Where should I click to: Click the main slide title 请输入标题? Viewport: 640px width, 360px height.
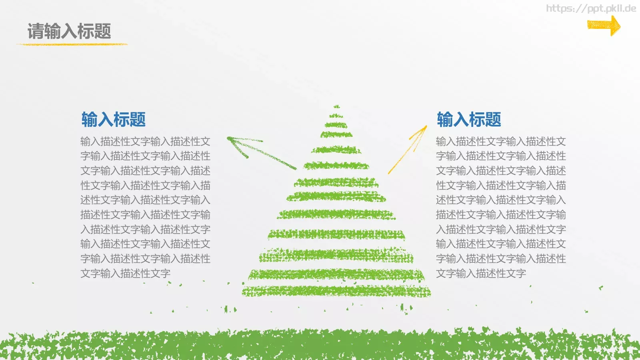(x=69, y=31)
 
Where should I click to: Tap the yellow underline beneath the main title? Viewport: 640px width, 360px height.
(x=72, y=44)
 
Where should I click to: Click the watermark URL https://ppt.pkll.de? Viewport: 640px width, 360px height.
(x=591, y=8)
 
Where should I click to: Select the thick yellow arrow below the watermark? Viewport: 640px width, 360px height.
(x=604, y=26)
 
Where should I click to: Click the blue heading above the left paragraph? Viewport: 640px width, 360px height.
(x=114, y=119)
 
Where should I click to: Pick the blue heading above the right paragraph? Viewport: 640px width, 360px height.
(x=469, y=119)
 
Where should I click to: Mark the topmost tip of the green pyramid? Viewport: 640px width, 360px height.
(x=337, y=106)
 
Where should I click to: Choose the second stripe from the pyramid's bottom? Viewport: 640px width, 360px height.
(x=336, y=274)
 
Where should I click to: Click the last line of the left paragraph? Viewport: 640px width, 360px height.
(x=125, y=274)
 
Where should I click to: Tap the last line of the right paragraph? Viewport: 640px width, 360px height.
(x=481, y=274)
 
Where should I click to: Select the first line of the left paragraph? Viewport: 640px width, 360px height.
(x=145, y=142)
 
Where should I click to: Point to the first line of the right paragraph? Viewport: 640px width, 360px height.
(x=501, y=142)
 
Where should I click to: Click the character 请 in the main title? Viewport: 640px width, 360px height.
(x=36, y=31)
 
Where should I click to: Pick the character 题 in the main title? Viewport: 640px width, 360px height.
(x=103, y=31)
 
